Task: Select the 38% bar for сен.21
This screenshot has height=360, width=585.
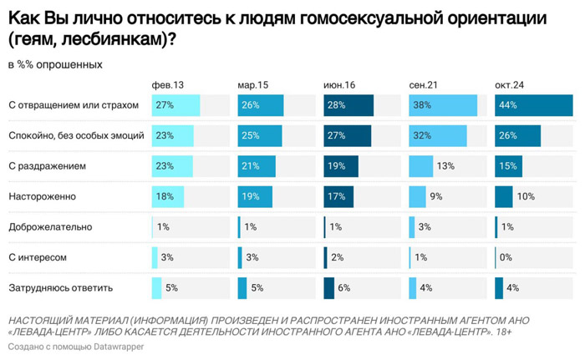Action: (x=442, y=105)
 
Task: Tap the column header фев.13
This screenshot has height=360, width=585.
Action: (x=167, y=85)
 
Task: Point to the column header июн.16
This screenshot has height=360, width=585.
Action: (x=339, y=85)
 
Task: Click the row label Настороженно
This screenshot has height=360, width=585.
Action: (x=42, y=196)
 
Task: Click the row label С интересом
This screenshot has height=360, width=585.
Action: (x=38, y=257)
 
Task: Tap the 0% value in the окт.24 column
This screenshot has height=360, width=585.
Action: (x=506, y=257)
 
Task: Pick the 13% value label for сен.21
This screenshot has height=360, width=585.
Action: (x=445, y=166)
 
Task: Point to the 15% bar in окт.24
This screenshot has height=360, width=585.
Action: (x=508, y=166)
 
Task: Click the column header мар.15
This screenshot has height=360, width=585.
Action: (x=253, y=85)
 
